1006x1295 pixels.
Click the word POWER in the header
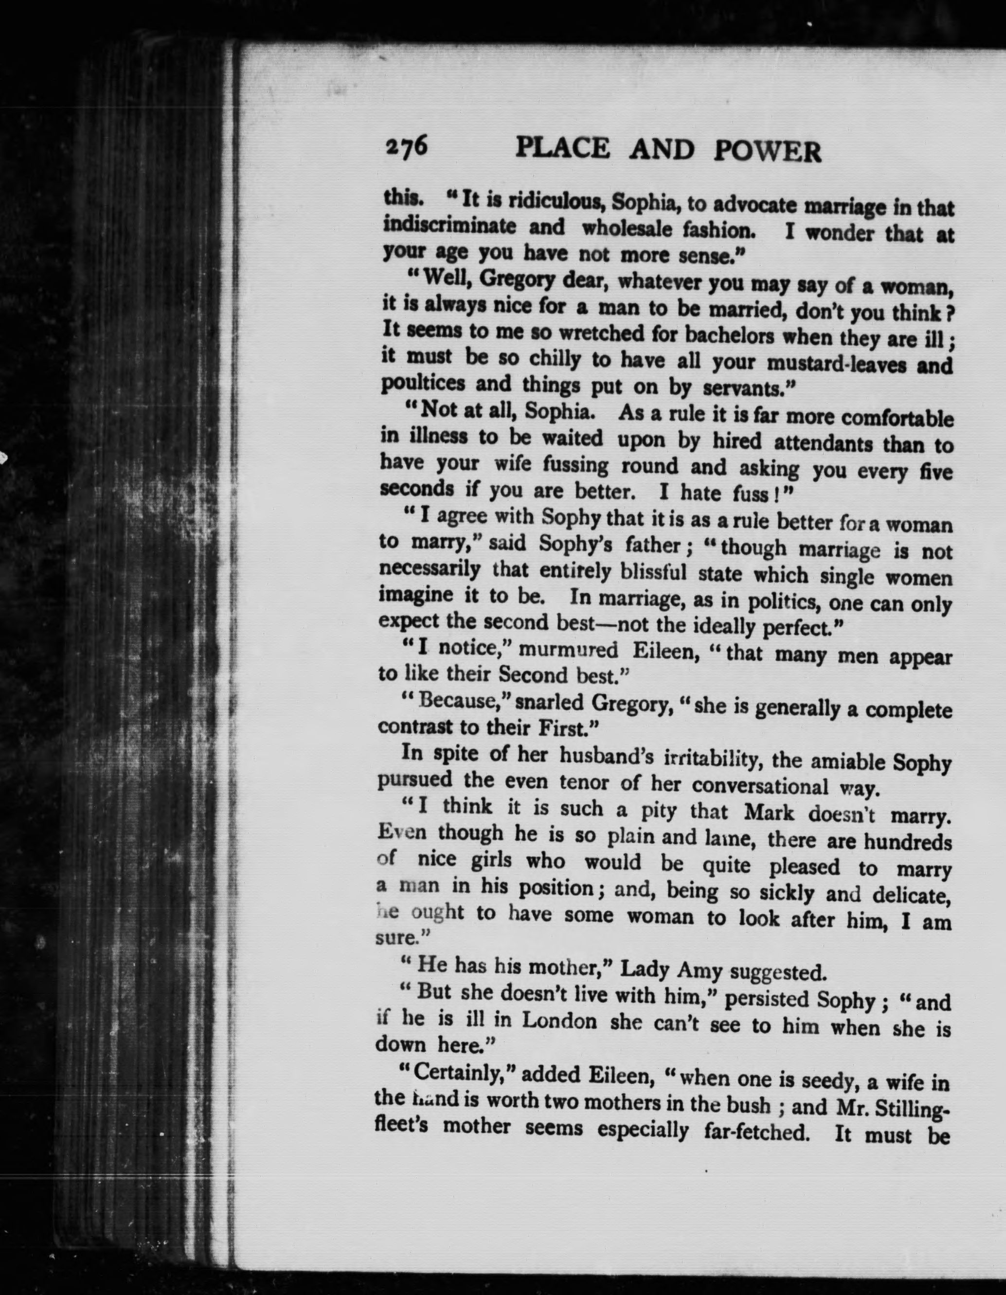click(768, 152)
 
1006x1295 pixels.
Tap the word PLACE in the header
click(562, 148)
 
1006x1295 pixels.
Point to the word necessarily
click(430, 570)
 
